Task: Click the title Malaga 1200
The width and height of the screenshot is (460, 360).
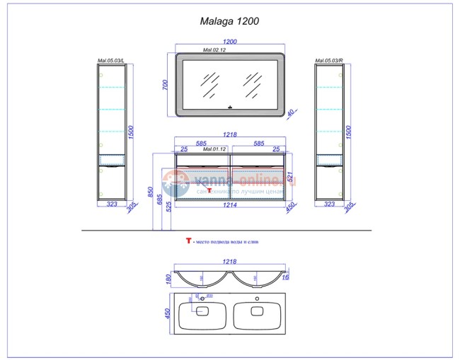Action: tap(229, 21)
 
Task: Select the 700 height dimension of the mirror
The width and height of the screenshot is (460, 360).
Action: tap(165, 84)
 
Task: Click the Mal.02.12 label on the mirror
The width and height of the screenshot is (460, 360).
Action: tap(214, 51)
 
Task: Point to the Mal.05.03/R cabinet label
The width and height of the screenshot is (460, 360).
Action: tap(328, 61)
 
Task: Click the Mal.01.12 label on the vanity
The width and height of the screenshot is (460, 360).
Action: tap(214, 149)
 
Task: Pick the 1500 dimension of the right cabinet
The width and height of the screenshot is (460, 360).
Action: tap(347, 132)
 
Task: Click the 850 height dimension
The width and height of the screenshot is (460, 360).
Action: tap(151, 191)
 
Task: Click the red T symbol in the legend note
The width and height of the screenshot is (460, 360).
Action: tap(189, 241)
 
